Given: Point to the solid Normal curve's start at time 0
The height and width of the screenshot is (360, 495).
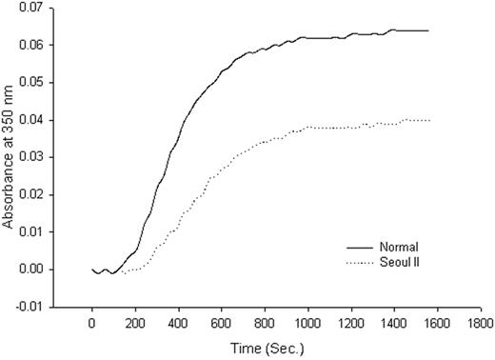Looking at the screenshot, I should pos(92,269).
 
